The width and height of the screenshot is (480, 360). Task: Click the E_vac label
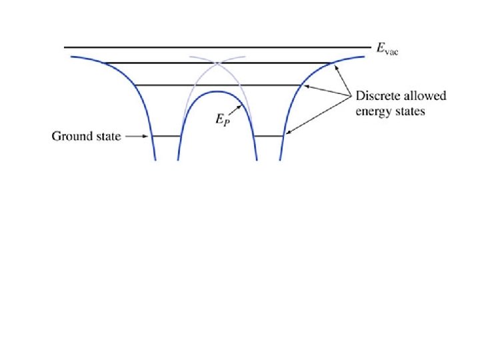[x=387, y=49]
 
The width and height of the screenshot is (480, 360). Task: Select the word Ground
[x=69, y=137]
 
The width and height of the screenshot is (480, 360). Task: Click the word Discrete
[x=377, y=96]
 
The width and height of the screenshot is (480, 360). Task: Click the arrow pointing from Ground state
[x=137, y=137]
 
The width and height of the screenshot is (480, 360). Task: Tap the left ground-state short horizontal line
[x=167, y=136]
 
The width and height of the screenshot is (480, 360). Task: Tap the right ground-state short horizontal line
[x=269, y=136]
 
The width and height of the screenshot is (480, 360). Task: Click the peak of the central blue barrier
[x=217, y=91]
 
